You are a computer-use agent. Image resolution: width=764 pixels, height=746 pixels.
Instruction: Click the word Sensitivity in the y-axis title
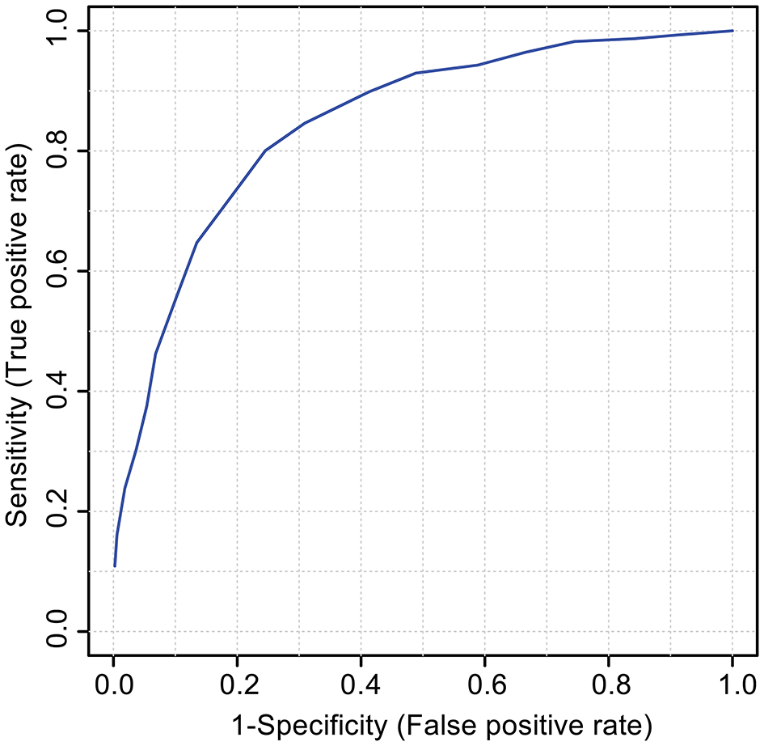pyautogui.click(x=19, y=460)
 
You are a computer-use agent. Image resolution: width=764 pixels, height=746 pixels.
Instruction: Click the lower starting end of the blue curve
pyautogui.click(x=115, y=566)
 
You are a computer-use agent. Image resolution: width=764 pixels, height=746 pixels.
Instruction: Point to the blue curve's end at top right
pyautogui.click(x=732, y=31)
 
